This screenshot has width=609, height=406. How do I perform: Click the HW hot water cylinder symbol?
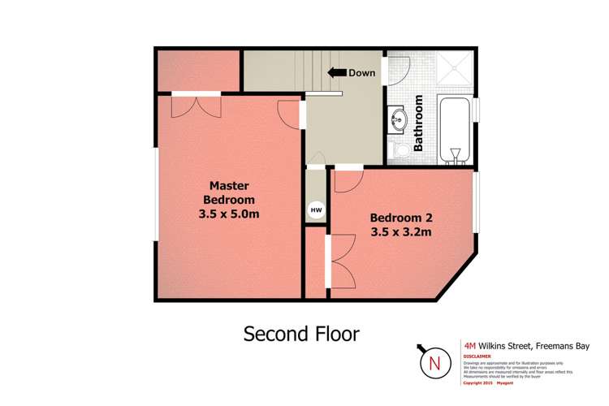[316, 210]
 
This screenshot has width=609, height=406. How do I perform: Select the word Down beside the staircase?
[361, 73]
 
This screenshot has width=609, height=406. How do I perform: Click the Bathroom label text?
[420, 124]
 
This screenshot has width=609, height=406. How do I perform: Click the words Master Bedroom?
[228, 192]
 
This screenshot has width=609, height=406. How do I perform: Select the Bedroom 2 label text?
[400, 218]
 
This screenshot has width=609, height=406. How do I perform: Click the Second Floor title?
[301, 334]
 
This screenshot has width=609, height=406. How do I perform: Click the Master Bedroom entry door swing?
[290, 112]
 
